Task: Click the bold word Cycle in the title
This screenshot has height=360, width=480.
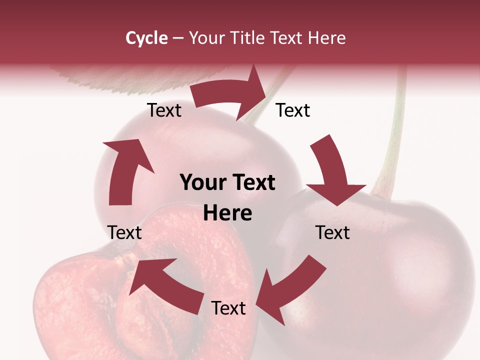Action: pyautogui.click(x=146, y=38)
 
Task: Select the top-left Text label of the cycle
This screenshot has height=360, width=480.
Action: pyautogui.click(x=164, y=110)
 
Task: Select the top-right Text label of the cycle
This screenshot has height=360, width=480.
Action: pyautogui.click(x=293, y=110)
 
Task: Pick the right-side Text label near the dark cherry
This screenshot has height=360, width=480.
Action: pyautogui.click(x=332, y=232)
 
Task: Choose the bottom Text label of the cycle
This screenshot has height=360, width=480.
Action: pyautogui.click(x=228, y=308)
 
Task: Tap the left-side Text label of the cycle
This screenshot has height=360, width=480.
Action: pyautogui.click(x=124, y=232)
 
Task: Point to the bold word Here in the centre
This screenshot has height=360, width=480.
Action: pyautogui.click(x=227, y=213)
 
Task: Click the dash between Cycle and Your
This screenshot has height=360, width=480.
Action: pyautogui.click(x=177, y=38)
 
